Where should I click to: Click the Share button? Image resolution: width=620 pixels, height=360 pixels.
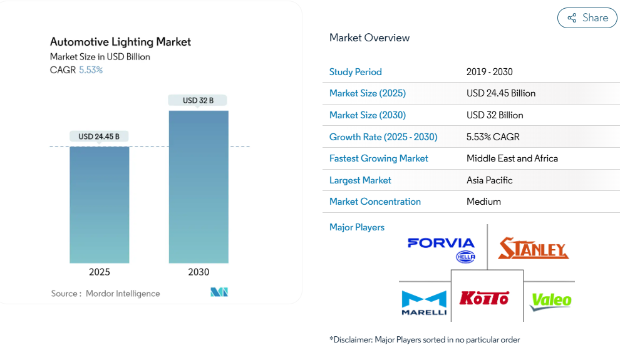[x=587, y=18]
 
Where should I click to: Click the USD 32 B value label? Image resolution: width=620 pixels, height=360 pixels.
[x=198, y=100]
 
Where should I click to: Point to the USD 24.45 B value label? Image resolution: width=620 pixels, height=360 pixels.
[x=99, y=136]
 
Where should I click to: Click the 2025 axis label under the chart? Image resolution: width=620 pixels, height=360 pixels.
[x=100, y=272]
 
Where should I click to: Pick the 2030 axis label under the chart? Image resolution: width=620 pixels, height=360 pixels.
[x=199, y=272]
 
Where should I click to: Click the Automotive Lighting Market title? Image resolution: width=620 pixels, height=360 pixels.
[x=120, y=42]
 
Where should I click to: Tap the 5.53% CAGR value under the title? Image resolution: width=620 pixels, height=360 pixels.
[x=91, y=70]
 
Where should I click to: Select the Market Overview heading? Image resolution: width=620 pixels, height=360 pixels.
[x=369, y=38]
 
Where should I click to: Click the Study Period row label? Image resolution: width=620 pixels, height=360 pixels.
[x=355, y=72]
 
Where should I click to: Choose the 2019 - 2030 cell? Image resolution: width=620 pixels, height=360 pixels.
[x=489, y=72]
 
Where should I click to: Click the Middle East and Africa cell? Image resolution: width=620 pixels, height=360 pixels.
[x=512, y=158]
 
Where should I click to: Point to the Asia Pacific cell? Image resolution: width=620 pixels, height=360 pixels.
[x=489, y=180]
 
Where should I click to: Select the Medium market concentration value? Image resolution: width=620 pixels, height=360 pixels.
[x=483, y=202]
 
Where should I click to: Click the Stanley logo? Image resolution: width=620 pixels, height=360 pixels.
[x=533, y=249]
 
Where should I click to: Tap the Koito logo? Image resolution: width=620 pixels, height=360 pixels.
[x=484, y=298]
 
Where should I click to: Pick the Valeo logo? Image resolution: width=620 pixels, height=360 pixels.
[x=550, y=301]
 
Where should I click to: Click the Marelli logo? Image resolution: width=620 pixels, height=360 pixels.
[x=424, y=303]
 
